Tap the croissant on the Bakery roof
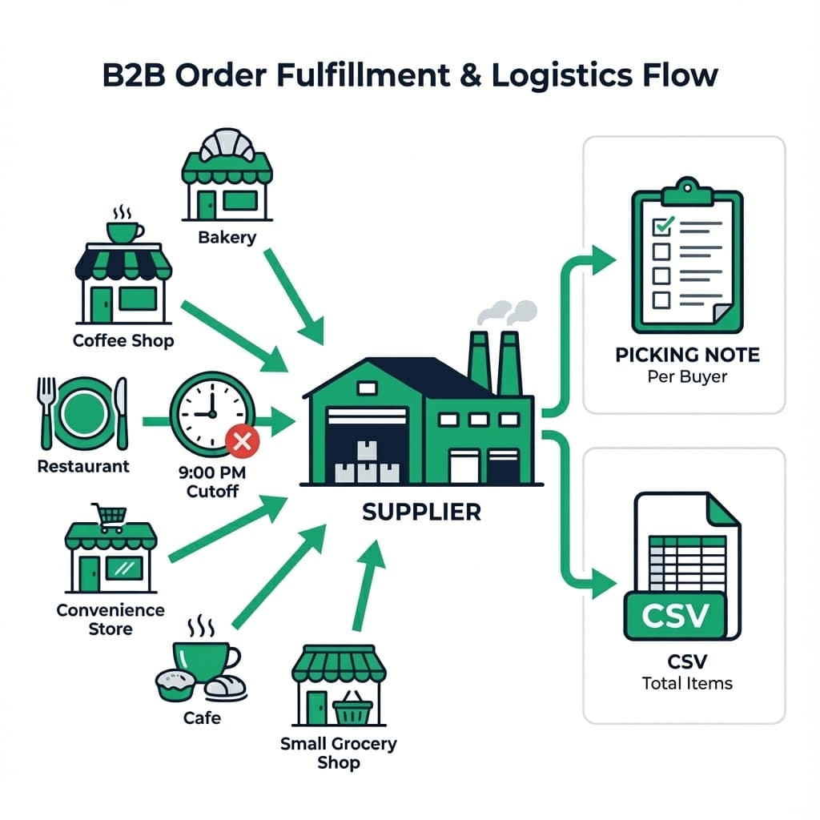(227, 145)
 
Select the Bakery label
(227, 237)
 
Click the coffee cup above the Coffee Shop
(124, 231)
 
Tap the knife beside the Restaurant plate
(121, 413)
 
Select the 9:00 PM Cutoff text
(212, 480)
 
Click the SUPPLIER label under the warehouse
(421, 512)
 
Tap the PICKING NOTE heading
(687, 355)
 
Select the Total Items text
(687, 683)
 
